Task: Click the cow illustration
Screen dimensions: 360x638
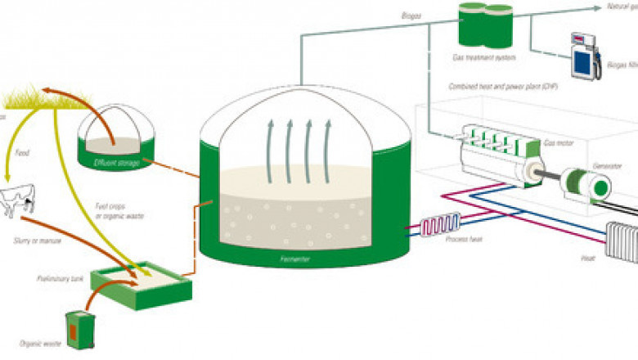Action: tap(18, 201)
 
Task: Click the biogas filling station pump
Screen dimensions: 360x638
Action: tap(583, 55)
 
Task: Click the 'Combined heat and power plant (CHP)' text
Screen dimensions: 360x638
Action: tap(498, 86)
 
